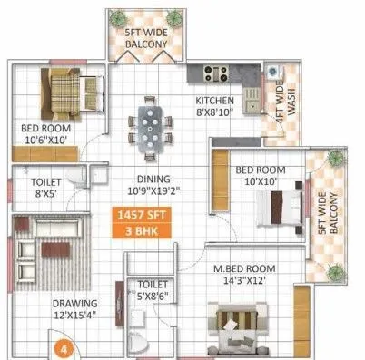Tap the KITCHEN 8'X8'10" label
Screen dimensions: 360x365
pos(214,106)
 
